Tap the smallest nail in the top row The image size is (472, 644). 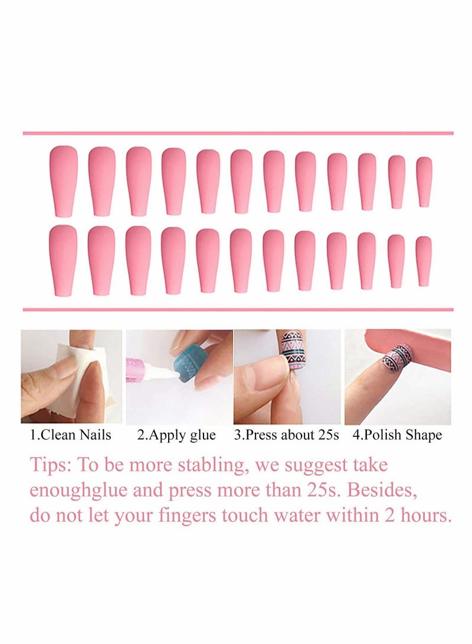424,182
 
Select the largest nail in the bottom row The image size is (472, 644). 63,260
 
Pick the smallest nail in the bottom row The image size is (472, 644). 424,261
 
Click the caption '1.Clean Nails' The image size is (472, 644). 71,436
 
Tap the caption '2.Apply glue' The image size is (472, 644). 176,436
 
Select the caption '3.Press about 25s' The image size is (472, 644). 286,436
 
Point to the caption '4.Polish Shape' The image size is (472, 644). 397,436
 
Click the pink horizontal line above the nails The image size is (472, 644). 238,133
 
